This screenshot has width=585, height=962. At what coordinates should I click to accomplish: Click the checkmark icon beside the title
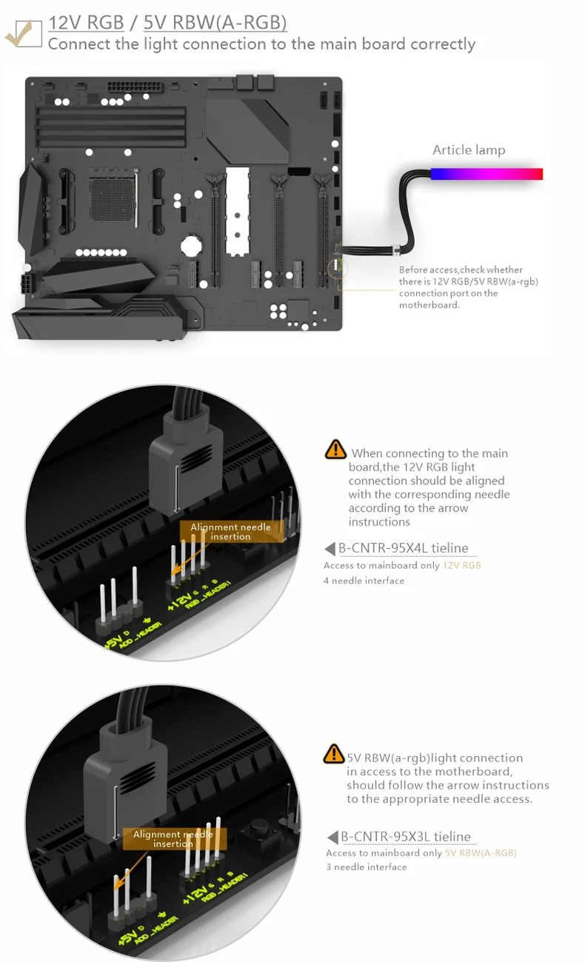[x=22, y=33]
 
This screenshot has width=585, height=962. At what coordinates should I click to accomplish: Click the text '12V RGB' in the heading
[x=86, y=22]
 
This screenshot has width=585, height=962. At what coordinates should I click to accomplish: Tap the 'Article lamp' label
[x=469, y=150]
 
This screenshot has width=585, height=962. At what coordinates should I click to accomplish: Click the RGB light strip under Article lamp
[x=486, y=174]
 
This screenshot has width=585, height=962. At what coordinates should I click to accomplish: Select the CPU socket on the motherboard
[x=113, y=196]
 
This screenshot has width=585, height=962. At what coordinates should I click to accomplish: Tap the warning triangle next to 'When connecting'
[x=335, y=449]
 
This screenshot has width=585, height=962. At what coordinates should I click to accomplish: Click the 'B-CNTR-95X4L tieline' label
[x=404, y=548]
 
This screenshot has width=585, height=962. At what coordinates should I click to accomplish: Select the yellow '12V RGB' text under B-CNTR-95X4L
[x=461, y=566]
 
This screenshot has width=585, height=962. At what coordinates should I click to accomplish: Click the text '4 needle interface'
[x=364, y=581]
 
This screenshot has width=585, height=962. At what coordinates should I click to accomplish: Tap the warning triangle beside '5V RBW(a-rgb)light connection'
[x=334, y=754]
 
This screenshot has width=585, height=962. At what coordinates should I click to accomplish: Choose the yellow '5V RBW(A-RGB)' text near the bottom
[x=481, y=853]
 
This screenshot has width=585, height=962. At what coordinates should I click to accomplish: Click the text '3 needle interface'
[x=366, y=867]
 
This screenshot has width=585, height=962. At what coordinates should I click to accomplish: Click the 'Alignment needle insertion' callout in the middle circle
[x=230, y=531]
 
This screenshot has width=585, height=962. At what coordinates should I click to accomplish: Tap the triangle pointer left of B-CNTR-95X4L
[x=330, y=549]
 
